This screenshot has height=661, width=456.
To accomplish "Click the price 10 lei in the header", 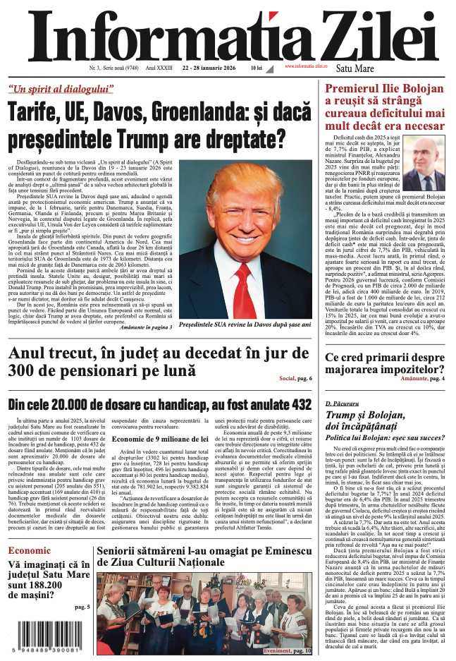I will tap(255, 68).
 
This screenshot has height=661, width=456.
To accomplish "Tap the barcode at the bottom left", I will tap(44, 635).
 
